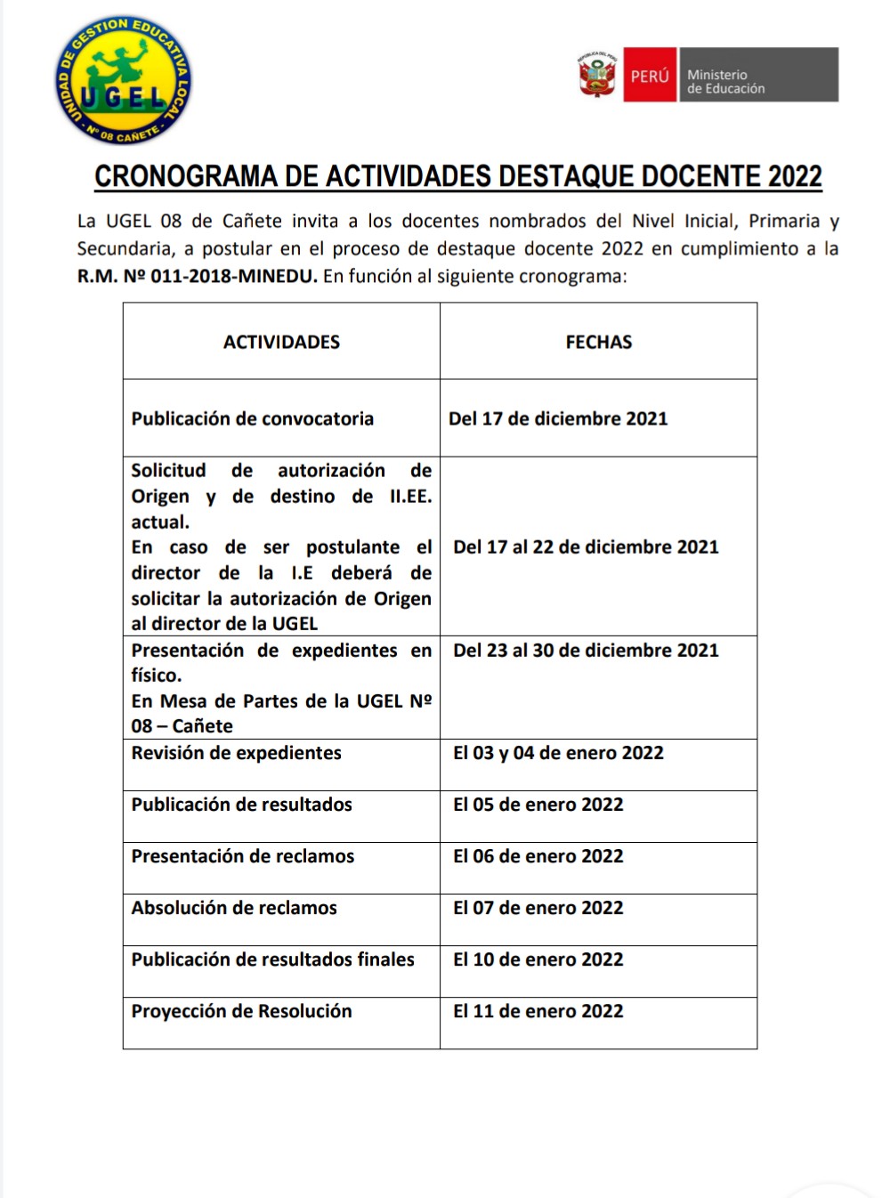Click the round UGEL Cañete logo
pos(123,81)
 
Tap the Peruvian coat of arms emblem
pos(597,75)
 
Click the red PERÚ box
pos(650,76)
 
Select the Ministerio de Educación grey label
pos(757,76)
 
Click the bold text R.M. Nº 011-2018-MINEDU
pos(197,276)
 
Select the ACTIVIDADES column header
pos(281,343)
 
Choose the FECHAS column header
pos(598,343)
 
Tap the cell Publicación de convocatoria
pos(253,419)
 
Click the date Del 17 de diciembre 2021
pos(558,419)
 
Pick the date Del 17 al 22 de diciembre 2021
pos(586,547)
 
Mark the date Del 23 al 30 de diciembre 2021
pos(586,651)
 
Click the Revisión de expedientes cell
pos(237,753)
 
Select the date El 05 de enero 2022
pos(538,805)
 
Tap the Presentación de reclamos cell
pos(243,856)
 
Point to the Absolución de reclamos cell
pos(234,908)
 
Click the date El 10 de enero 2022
pos(538,959)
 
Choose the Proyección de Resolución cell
pos(242,1011)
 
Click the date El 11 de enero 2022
pos(538,1011)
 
